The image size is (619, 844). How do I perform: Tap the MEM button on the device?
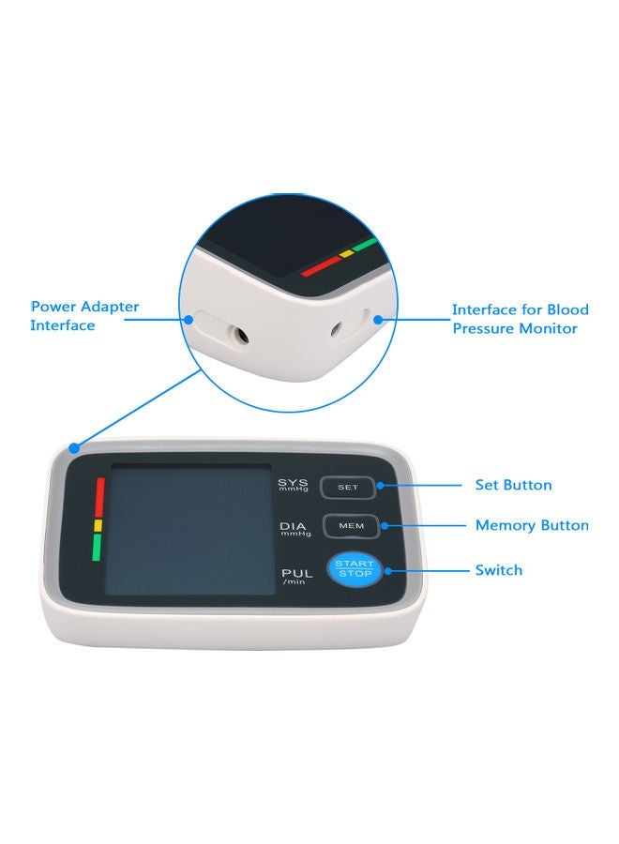pos(351,526)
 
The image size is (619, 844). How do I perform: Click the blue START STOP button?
pos(354,568)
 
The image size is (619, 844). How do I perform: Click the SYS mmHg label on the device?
pos(293,486)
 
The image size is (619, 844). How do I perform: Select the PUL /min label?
pos(293,574)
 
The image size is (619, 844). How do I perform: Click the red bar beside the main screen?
pos(97,498)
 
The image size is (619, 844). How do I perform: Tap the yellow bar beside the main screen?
pos(97,526)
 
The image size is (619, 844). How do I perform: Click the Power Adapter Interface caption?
pos(84,316)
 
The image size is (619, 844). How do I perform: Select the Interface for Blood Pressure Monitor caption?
pos(520,319)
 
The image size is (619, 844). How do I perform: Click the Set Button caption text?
pos(513,485)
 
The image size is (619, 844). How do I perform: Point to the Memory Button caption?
pos(532,525)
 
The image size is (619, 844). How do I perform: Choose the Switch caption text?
pos(499,569)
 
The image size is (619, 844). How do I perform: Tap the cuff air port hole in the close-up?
pos(336,329)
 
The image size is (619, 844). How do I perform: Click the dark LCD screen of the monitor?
pos(190,530)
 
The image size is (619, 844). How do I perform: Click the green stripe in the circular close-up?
pos(365,245)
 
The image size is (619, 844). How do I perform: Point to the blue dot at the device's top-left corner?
pos(74,447)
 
